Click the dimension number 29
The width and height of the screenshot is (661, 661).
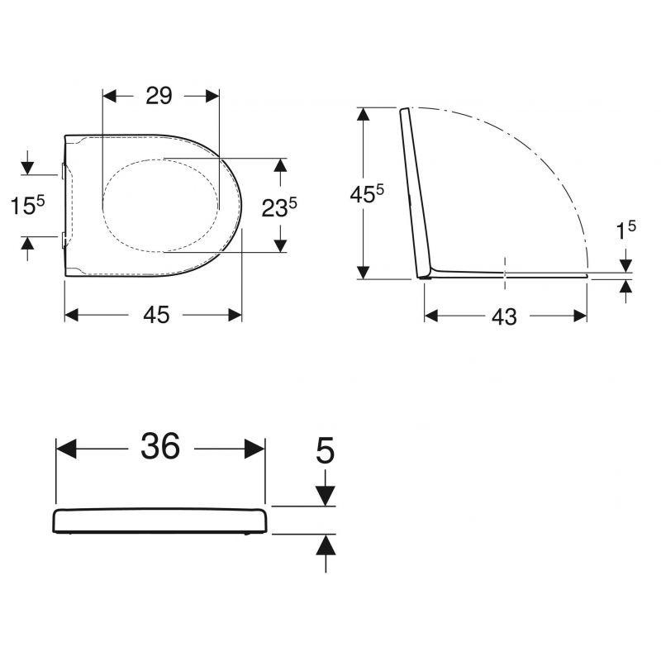(159, 96)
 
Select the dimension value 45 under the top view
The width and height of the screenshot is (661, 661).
(156, 315)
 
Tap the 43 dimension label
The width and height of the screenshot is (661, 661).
(504, 316)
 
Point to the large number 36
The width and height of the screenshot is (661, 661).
(160, 446)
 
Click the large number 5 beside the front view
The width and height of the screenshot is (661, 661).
(325, 450)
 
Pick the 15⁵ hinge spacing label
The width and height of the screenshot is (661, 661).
(27, 205)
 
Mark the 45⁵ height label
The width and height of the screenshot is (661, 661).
(367, 194)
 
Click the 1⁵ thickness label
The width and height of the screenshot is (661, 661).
(626, 230)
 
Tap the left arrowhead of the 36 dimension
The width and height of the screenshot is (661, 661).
(66, 449)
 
